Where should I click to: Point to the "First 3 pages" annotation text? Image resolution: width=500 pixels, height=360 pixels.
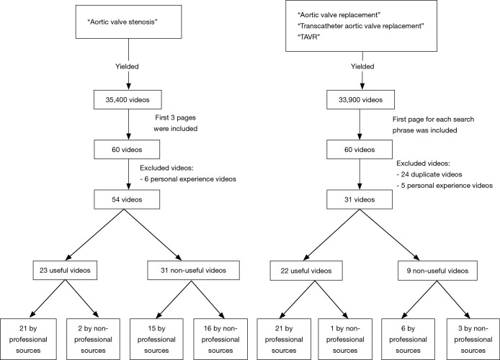point(169,123)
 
